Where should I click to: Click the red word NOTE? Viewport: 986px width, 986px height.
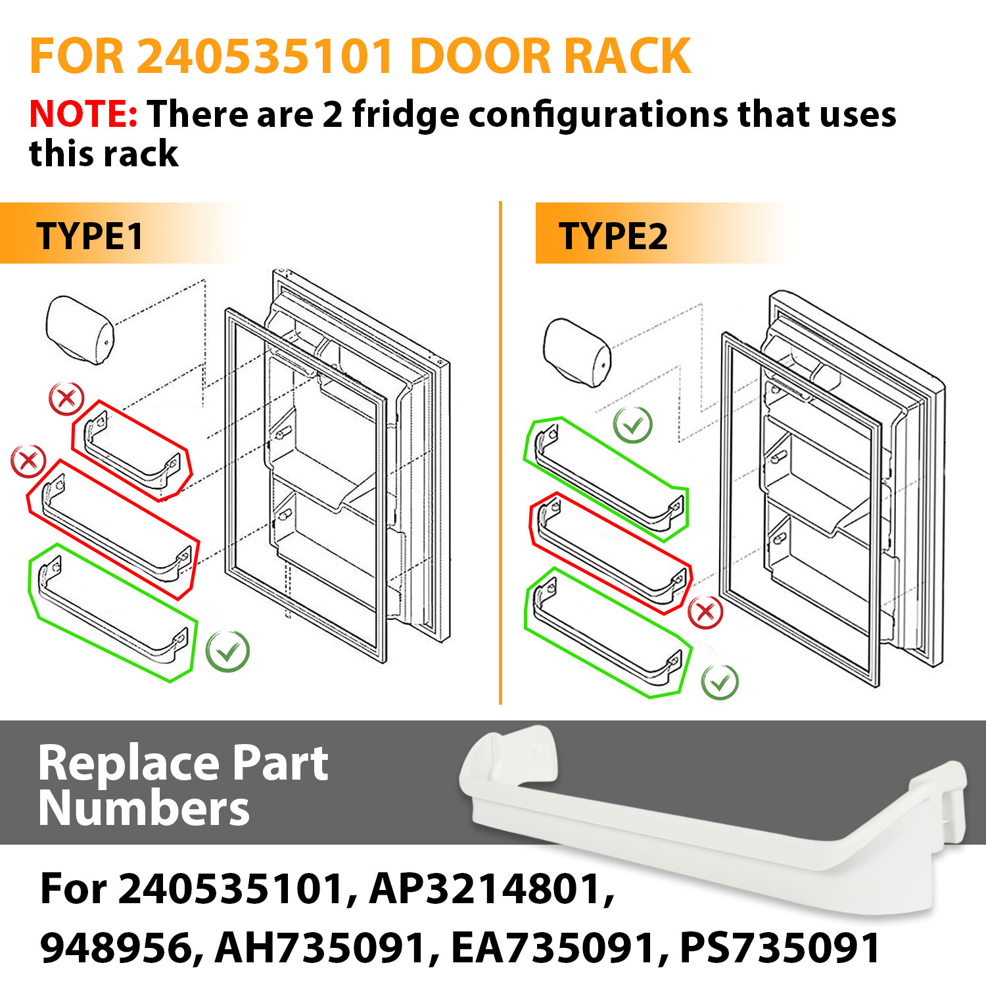click(x=83, y=114)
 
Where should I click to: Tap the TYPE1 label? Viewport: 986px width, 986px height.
click(x=89, y=236)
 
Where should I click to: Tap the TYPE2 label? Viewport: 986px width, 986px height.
click(x=613, y=236)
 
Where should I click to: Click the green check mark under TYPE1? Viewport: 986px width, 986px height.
click(x=227, y=651)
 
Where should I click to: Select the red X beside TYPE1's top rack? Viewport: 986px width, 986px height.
click(x=66, y=398)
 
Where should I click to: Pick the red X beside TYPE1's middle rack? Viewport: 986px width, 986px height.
click(x=28, y=461)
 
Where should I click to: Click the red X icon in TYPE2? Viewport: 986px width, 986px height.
click(x=705, y=612)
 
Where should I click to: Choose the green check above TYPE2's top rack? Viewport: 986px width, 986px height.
click(x=632, y=425)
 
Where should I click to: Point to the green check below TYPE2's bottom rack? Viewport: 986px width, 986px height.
click(x=720, y=682)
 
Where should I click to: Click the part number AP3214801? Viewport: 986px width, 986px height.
click(x=492, y=889)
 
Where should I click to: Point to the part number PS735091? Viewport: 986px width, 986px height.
click(x=779, y=948)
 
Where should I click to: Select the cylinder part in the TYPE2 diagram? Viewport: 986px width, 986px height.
click(x=577, y=352)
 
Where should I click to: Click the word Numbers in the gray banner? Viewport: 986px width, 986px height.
click(x=144, y=809)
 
